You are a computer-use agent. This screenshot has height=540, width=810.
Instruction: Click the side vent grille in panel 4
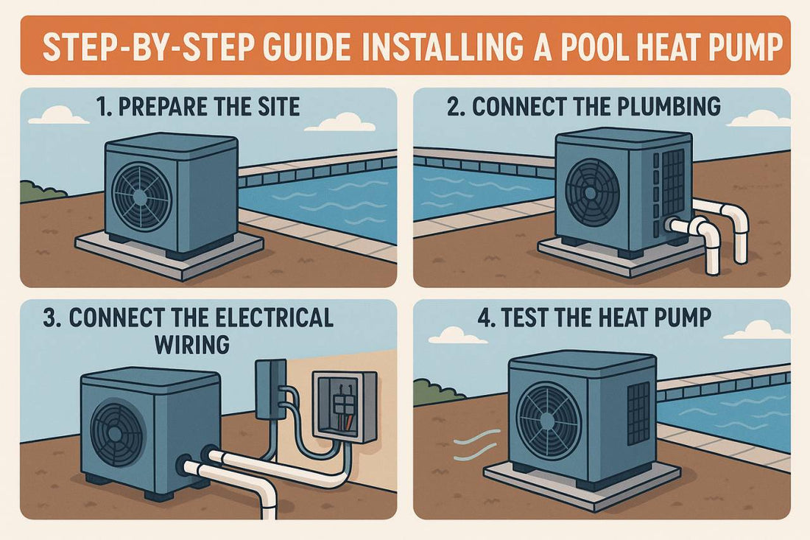[x=638, y=412]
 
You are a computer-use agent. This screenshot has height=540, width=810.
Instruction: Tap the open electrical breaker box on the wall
[x=344, y=404]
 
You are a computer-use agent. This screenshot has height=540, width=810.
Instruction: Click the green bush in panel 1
[x=38, y=192]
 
